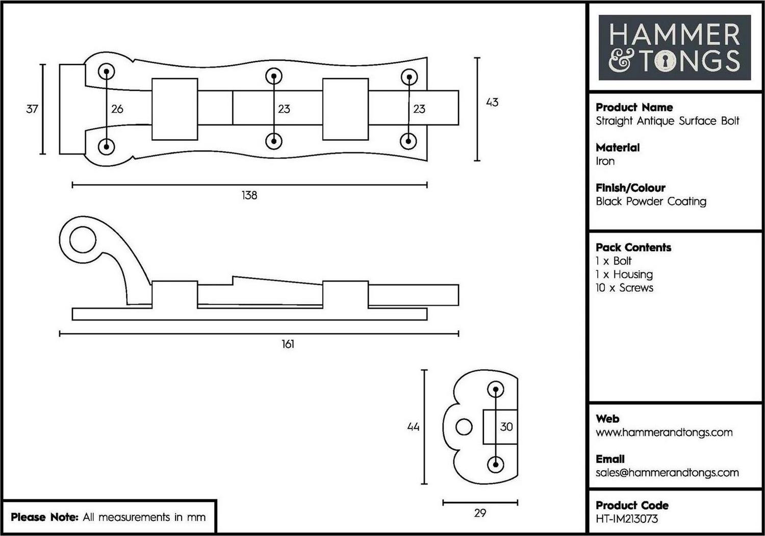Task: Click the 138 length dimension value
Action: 249,195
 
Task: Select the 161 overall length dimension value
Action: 288,344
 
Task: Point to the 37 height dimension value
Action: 32,109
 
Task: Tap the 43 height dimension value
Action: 492,102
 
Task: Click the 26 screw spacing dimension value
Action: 117,109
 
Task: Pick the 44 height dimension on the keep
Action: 413,427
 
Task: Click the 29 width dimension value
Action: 480,513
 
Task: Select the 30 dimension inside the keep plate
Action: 506,427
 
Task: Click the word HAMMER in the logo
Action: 674,34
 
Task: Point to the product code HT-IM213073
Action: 627,519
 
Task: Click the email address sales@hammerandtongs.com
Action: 667,473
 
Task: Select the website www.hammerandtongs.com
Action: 664,432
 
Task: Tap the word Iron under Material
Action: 605,161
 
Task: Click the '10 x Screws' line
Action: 625,288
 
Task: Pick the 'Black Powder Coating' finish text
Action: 651,201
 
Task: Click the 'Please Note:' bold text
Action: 45,517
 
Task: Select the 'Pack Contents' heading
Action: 633,247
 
